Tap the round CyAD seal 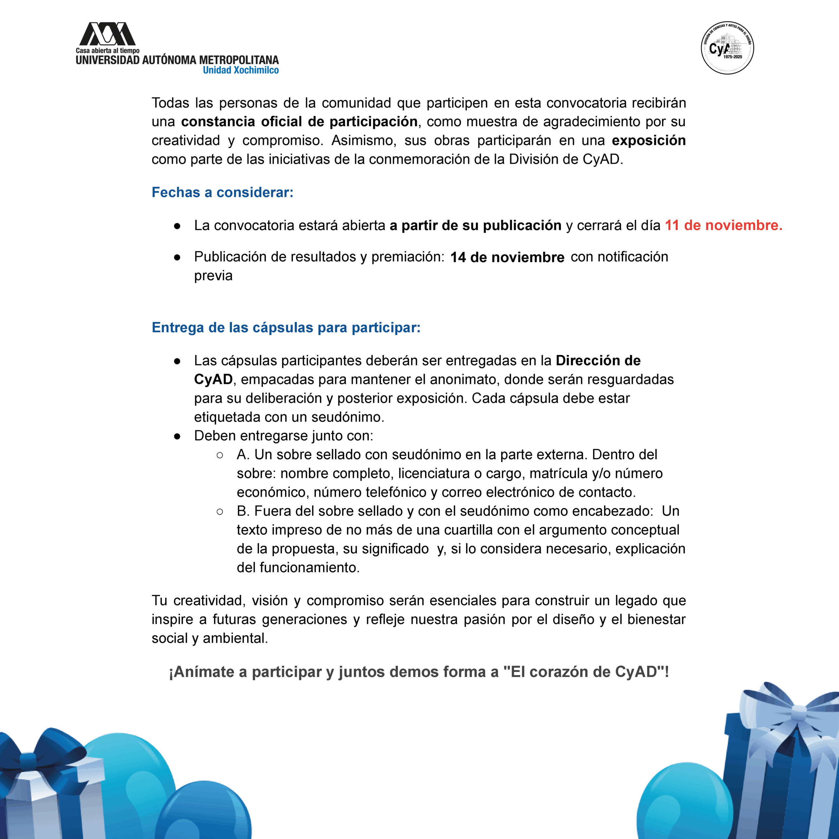(727, 48)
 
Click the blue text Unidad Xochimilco (241, 70)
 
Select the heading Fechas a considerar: (222, 192)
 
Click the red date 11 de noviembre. (723, 225)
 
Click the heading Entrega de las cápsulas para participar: (286, 327)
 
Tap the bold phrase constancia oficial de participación (299, 122)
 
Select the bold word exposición (648, 141)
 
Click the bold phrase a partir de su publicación (475, 225)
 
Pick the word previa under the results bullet (213, 276)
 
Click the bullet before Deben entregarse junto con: (177, 436)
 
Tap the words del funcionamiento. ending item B (298, 568)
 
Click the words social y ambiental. (210, 638)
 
